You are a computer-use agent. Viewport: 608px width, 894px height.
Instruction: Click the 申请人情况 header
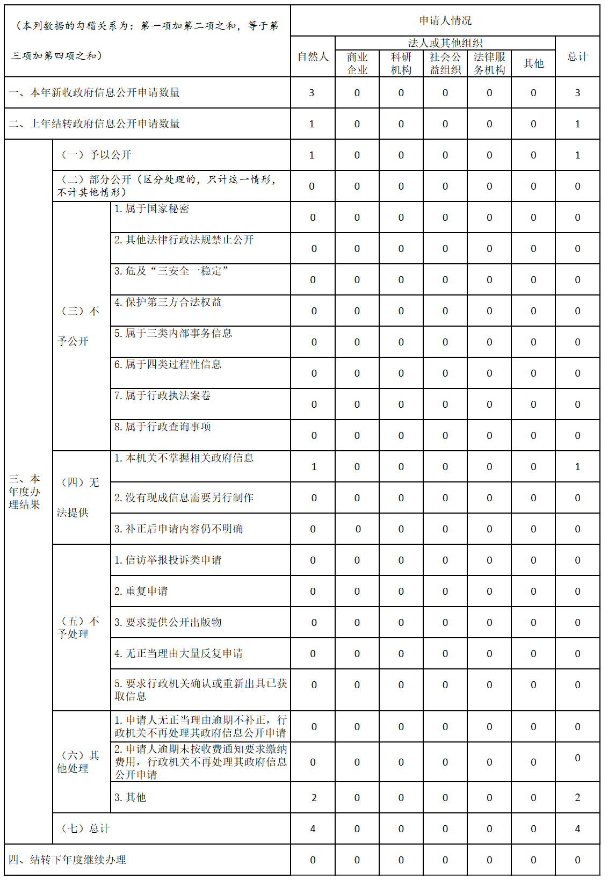click(x=445, y=21)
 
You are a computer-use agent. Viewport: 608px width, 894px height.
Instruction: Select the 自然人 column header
click(x=313, y=56)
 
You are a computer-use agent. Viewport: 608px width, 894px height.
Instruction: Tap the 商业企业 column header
click(x=357, y=63)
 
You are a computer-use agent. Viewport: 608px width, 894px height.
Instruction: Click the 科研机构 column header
click(x=401, y=63)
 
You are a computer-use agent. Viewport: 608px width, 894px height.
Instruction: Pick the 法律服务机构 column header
click(x=489, y=63)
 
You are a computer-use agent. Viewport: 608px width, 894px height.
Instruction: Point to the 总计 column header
click(x=577, y=56)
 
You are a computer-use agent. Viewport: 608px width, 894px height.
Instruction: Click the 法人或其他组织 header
click(x=445, y=43)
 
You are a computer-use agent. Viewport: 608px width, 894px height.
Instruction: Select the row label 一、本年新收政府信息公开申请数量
click(x=95, y=92)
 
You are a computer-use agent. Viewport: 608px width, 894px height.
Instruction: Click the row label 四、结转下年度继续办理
click(x=68, y=860)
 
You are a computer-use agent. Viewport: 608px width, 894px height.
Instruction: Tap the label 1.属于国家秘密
click(x=151, y=208)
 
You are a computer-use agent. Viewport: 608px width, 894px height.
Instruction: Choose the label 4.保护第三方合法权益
click(x=168, y=302)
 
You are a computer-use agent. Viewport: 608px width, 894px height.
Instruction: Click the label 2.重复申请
click(x=141, y=591)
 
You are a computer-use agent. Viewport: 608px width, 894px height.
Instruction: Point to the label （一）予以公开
click(x=97, y=155)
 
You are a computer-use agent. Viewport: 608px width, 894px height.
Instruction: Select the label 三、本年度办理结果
click(x=25, y=492)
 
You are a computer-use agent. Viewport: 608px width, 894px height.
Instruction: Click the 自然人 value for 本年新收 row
click(x=312, y=92)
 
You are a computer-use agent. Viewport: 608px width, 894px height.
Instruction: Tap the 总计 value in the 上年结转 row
click(x=577, y=124)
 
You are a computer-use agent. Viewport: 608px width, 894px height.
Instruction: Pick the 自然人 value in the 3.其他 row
click(x=314, y=797)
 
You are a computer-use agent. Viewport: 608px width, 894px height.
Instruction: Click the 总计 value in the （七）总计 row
click(x=577, y=828)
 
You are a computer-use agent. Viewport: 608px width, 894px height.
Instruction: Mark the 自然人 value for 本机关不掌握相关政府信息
click(x=314, y=466)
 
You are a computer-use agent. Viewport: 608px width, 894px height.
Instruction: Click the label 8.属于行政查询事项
click(x=162, y=427)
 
